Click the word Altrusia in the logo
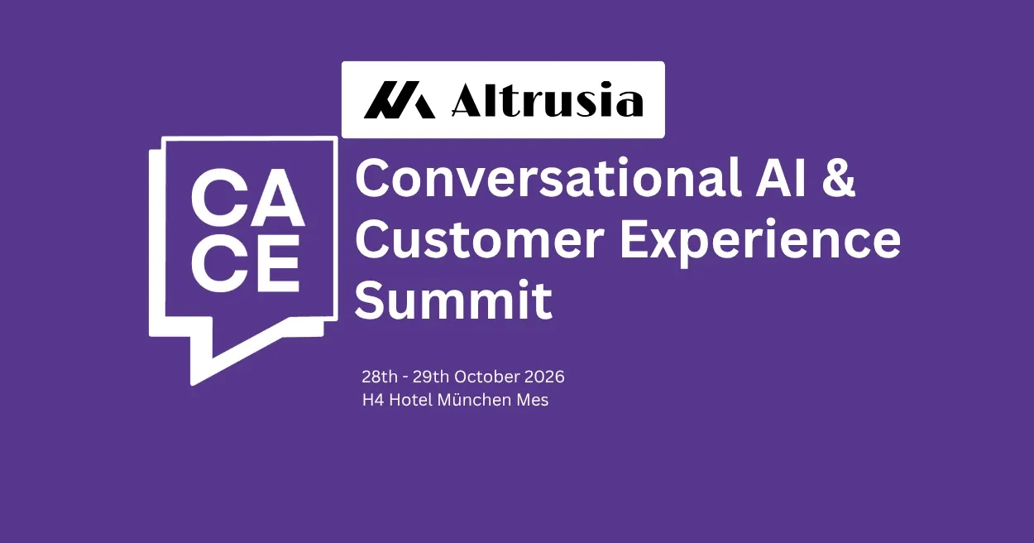pyautogui.click(x=547, y=99)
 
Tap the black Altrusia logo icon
pyautogui.click(x=400, y=99)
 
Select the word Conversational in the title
pyautogui.click(x=548, y=179)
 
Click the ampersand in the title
pyautogui.click(x=838, y=179)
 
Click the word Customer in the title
pyautogui.click(x=480, y=240)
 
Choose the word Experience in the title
pyautogui.click(x=760, y=242)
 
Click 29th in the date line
pyautogui.click(x=431, y=377)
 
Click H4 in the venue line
pyautogui.click(x=373, y=400)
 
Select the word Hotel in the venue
pyautogui.click(x=411, y=400)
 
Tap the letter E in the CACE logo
pyautogui.click(x=278, y=262)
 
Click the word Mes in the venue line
pyautogui.click(x=532, y=400)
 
